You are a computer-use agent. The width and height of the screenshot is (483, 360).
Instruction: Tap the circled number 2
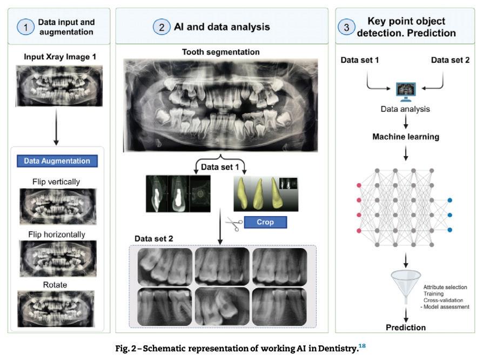[161, 27]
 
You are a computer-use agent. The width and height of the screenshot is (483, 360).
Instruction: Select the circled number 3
[347, 27]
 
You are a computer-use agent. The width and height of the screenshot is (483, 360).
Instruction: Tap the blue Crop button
[265, 222]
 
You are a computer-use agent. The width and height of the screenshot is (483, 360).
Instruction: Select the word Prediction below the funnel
[405, 328]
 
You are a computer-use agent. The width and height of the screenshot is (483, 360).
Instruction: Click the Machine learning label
[405, 137]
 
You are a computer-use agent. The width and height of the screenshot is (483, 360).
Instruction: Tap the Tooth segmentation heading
[220, 52]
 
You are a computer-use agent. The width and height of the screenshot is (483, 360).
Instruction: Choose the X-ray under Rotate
[56, 308]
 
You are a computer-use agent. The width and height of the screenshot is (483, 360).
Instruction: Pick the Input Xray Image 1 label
[56, 56]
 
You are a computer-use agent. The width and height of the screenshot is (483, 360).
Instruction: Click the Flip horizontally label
[57, 235]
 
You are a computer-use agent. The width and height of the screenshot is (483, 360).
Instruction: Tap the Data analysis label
[405, 109]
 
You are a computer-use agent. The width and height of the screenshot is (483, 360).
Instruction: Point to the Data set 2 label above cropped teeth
[153, 238]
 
